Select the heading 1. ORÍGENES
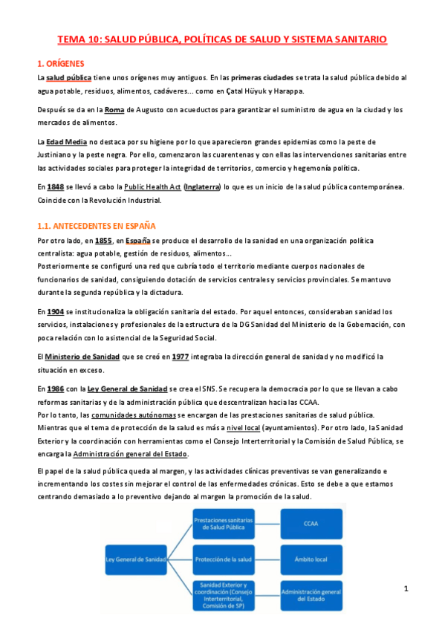coord(61,64)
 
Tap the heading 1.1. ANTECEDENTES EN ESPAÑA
coord(96,226)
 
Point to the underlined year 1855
coord(103,241)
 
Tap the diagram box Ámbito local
coord(311,557)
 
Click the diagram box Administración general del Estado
coord(311,594)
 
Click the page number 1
coord(406,589)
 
